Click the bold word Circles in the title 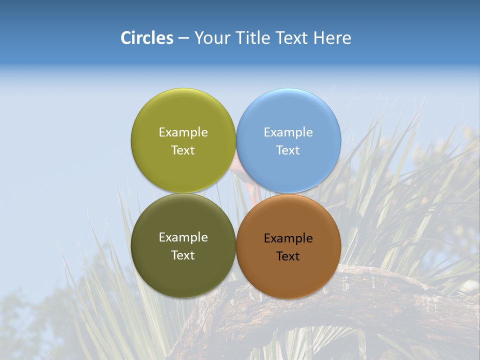pos(146,38)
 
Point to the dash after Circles pos(183,38)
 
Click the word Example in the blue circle pos(288,132)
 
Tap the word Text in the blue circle pos(288,150)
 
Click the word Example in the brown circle pos(288,238)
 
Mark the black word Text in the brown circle pos(288,256)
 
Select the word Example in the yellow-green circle pos(183,132)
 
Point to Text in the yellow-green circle pos(183,150)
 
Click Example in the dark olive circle pos(183,237)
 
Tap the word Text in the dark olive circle pos(183,255)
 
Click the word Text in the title pos(292,38)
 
